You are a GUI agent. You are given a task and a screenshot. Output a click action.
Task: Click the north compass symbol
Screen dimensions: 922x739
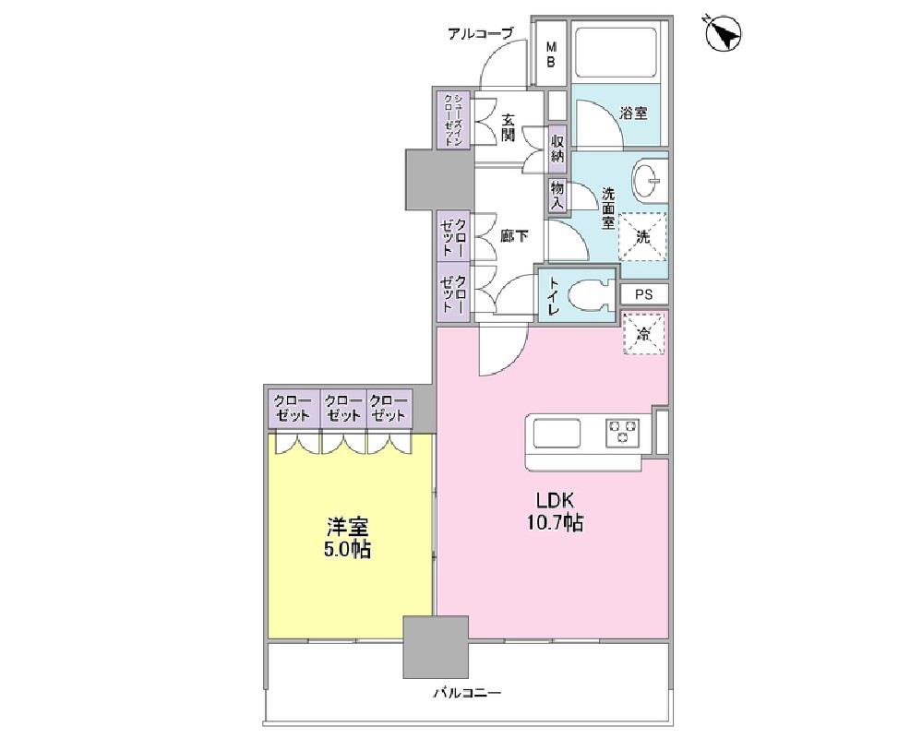723,33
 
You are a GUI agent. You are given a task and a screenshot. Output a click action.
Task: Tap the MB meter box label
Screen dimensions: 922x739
551,54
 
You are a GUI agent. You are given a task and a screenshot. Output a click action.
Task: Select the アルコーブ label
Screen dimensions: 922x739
481,34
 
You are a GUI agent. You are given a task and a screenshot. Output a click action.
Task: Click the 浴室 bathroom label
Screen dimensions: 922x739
633,113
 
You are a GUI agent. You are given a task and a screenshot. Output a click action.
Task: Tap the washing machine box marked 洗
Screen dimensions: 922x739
642,236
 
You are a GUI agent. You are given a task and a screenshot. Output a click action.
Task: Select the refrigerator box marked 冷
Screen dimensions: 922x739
644,333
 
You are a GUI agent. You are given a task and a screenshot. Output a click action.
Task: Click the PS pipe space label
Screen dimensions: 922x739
644,294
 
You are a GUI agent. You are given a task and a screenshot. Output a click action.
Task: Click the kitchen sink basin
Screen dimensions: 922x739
557,434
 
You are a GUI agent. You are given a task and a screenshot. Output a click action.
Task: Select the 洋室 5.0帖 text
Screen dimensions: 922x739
349,537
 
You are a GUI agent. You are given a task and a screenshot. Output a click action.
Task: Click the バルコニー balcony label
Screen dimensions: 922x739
468,693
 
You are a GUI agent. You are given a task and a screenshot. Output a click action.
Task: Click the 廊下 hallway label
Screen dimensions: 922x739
514,236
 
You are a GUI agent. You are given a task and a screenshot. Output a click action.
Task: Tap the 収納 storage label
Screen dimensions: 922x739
557,149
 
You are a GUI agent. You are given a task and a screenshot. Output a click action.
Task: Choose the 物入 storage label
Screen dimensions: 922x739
557,196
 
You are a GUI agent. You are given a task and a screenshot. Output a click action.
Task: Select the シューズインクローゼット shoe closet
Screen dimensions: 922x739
453,119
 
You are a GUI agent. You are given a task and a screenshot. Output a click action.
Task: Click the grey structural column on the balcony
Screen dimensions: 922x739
436,647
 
